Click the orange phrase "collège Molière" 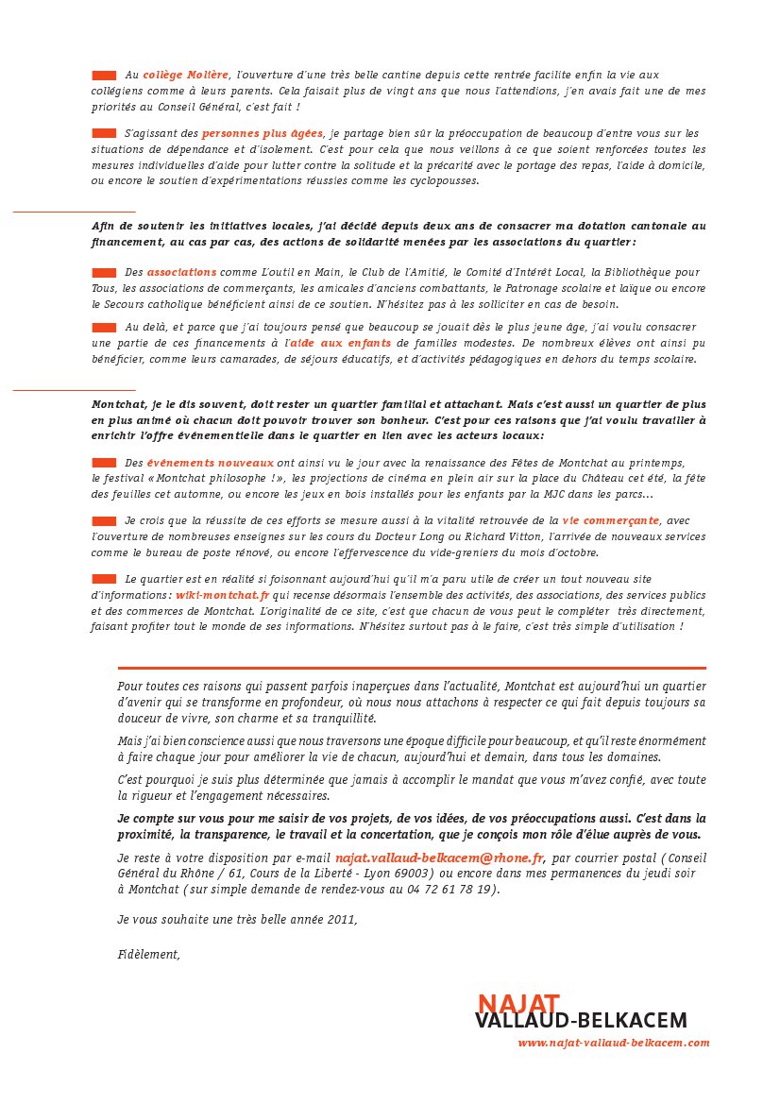(x=186, y=74)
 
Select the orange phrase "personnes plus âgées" (x=263, y=133)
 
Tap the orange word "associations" (x=181, y=272)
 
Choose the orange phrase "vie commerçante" (x=610, y=520)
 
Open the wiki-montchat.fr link (x=223, y=596)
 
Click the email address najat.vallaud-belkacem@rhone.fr (x=440, y=858)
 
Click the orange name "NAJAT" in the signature (x=518, y=1003)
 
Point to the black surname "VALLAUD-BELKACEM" (x=582, y=1021)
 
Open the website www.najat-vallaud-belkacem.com (x=613, y=1044)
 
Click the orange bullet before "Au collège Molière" (x=104, y=74)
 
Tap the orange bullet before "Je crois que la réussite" (x=104, y=520)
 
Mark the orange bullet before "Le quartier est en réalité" (x=104, y=579)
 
